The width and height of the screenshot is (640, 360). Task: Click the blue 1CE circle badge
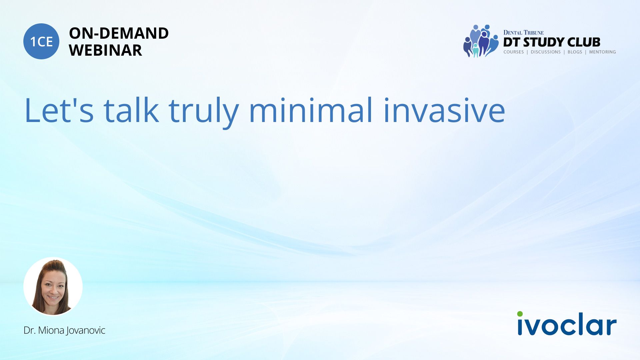(41, 41)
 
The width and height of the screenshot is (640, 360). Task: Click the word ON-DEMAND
(119, 33)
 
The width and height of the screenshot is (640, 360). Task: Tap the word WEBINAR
(106, 50)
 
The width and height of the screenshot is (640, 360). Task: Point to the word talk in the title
(131, 110)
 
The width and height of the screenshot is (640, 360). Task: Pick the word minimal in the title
(310, 110)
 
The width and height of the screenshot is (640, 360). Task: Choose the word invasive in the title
(444, 110)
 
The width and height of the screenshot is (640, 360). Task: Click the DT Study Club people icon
(481, 41)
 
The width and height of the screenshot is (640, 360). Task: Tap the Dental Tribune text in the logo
(523, 32)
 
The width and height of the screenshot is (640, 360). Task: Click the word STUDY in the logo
(543, 42)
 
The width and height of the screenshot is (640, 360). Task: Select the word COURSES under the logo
(513, 52)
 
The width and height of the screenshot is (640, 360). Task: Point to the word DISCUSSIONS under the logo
(546, 52)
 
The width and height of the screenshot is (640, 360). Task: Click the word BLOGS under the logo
(575, 52)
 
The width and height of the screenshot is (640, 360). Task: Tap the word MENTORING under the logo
(602, 52)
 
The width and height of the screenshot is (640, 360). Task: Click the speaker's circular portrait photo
(53, 286)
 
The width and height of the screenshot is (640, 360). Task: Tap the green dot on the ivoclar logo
(520, 314)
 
